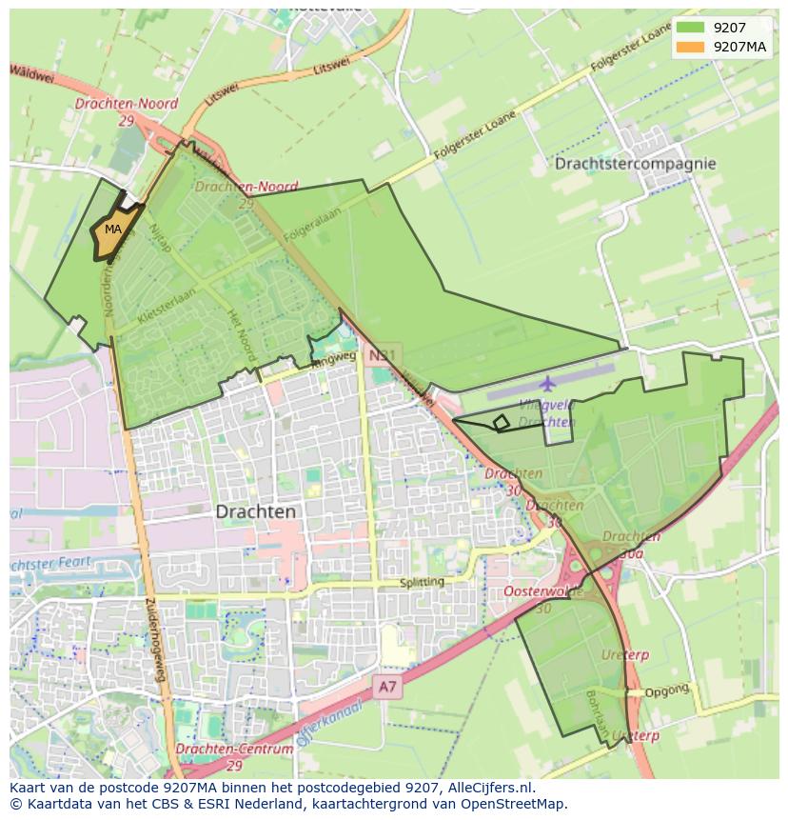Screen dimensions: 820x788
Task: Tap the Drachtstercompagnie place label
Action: click(635, 164)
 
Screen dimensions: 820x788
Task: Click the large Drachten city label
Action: click(255, 511)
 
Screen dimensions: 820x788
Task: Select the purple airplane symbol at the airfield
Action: click(547, 383)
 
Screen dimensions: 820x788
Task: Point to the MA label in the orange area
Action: click(113, 230)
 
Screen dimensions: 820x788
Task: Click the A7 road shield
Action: click(385, 686)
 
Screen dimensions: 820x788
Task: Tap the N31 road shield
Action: click(383, 354)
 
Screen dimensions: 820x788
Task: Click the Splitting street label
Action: click(422, 583)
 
